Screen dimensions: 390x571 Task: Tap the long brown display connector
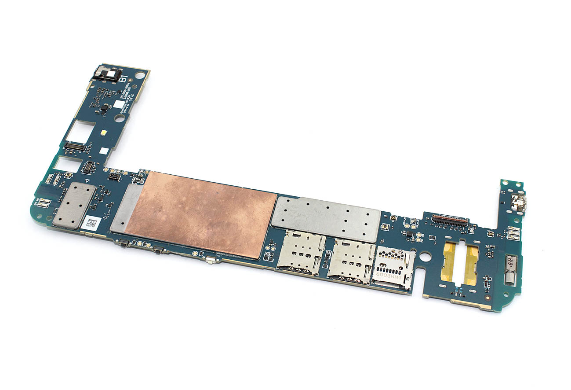(x=449, y=219)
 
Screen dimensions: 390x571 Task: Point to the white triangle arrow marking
(x=87, y=181)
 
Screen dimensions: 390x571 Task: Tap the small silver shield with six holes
(x=75, y=205)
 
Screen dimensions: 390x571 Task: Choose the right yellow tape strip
(x=472, y=265)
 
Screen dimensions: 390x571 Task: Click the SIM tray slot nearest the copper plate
(x=301, y=253)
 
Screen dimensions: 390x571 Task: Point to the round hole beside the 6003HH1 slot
(x=424, y=255)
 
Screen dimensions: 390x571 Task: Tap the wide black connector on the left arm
(x=75, y=147)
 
